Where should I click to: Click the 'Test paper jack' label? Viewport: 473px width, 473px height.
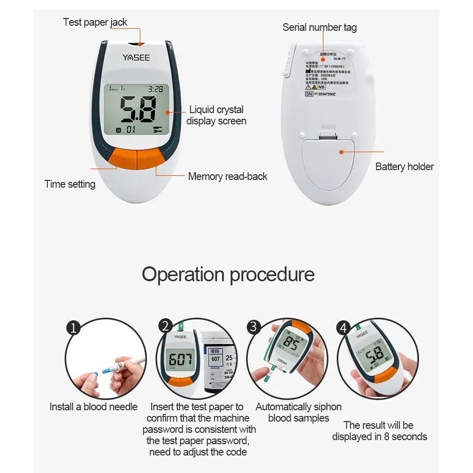(x=95, y=22)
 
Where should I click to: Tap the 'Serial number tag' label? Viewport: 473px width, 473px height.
(x=319, y=27)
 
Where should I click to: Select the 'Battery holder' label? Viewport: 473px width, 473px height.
(x=404, y=167)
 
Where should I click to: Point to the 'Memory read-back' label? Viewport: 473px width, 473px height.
(x=227, y=176)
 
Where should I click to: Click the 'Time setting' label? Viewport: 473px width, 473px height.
(x=70, y=184)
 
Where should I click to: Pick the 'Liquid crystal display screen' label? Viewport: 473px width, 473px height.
(x=216, y=115)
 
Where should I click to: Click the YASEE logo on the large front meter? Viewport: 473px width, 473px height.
(x=136, y=58)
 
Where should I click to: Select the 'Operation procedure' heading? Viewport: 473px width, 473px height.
(x=228, y=274)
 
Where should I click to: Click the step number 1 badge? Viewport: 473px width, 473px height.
(x=74, y=327)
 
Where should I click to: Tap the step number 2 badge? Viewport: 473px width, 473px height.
(x=166, y=326)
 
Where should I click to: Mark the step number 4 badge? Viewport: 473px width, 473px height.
(x=344, y=328)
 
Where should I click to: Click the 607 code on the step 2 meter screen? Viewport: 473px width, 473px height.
(x=180, y=358)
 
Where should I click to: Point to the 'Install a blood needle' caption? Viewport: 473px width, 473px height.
(x=94, y=407)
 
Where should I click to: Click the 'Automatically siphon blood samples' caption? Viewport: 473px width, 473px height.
(x=298, y=412)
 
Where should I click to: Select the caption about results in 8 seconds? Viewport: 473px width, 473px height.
(x=379, y=431)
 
